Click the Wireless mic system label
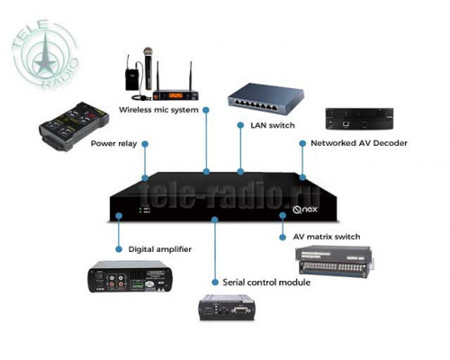coord(158,110)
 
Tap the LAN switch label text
coord(273,125)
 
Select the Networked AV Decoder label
coord(359,143)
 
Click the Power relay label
coord(113,144)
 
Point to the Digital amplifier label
coord(160,249)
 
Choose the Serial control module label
coord(266,283)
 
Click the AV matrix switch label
coord(327,237)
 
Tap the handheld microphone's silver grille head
coord(148,52)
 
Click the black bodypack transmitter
coord(130,79)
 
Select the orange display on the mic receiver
coord(175,95)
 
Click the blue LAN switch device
coord(265,99)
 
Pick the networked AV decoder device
coord(359,119)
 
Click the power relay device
coord(74,126)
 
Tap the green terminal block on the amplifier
coord(138,284)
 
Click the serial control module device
coord(227,308)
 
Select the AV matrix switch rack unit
coord(335,260)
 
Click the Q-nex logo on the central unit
coord(305,209)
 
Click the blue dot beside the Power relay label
coord(145,144)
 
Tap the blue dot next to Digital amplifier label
coord(119,249)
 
